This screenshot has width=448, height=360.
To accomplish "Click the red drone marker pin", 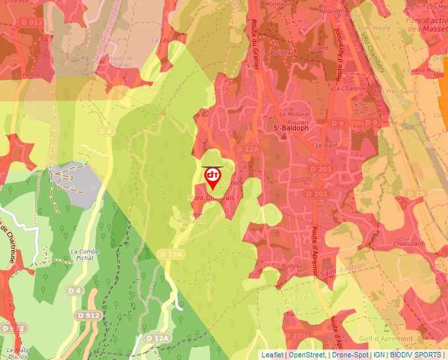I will (212, 177).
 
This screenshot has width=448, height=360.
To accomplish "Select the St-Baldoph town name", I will (291, 128).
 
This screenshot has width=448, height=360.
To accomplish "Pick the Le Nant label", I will (326, 145).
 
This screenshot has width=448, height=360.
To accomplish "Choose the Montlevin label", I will (277, 4).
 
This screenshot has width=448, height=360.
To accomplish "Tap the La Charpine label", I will (350, 88).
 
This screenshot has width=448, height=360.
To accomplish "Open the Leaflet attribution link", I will (272, 355).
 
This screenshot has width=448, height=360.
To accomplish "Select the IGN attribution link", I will (379, 355).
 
